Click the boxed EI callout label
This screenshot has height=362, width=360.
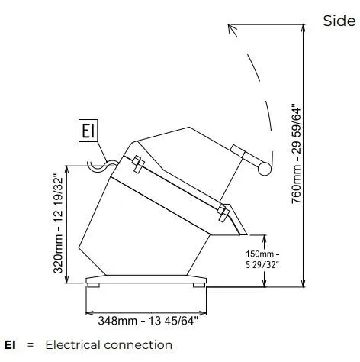88,131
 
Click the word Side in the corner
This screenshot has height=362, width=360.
339,21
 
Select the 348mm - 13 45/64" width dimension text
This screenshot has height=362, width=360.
148,321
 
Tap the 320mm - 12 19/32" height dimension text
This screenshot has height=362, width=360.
58,223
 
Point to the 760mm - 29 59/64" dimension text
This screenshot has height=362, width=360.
296,154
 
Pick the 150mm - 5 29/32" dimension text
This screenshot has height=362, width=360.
262,260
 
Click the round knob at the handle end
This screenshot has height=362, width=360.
265,169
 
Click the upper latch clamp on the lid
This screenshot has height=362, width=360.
138,164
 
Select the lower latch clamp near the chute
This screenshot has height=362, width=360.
223,212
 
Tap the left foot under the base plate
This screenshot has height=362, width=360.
93,286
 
